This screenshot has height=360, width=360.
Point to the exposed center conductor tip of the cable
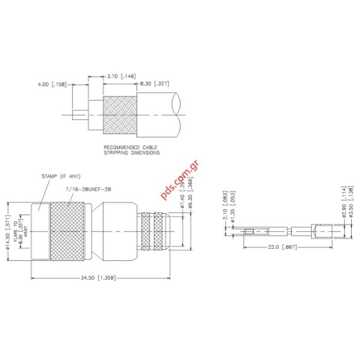pyautogui.click(x=76, y=115)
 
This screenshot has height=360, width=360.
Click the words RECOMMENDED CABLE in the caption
pyautogui.click(x=128, y=148)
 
